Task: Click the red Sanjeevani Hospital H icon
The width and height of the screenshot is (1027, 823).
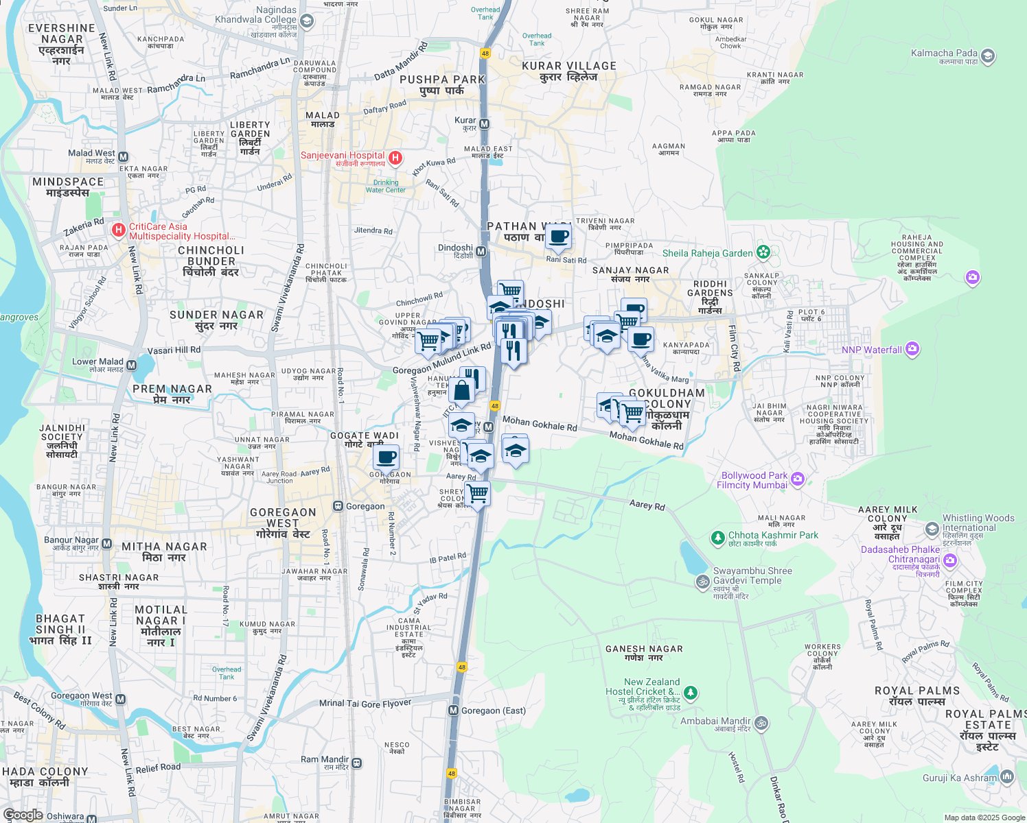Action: pos(395,158)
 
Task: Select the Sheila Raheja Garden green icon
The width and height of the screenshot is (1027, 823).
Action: pos(763,252)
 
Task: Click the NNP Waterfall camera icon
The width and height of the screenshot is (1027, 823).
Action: pos(912,349)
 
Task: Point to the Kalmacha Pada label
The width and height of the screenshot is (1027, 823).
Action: pos(944,53)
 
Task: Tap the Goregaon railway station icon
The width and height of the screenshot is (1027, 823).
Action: pos(338,506)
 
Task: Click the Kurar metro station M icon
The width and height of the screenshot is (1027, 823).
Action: pos(485,123)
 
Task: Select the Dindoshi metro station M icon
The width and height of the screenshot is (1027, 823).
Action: pos(481,251)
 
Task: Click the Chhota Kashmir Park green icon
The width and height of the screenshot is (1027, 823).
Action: pos(717,537)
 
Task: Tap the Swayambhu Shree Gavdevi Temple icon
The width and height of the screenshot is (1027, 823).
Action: pos(702,582)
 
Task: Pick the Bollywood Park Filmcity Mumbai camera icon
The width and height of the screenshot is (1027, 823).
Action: pos(797,479)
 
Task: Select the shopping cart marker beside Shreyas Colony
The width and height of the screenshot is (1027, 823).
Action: pos(477,492)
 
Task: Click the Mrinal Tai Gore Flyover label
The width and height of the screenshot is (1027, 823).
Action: pos(365,703)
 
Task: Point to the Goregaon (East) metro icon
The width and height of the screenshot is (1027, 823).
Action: pos(453,711)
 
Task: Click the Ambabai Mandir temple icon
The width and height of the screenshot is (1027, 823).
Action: pos(761,722)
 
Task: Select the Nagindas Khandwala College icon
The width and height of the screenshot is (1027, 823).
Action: pos(307,21)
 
